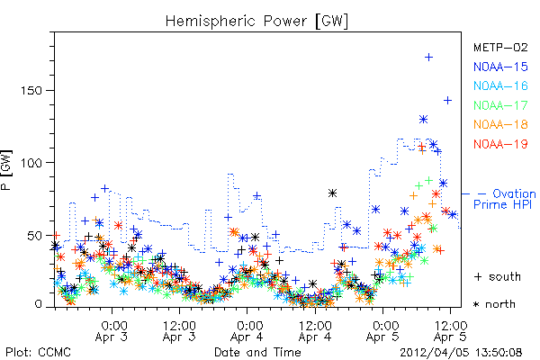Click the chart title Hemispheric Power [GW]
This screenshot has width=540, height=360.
(x=256, y=21)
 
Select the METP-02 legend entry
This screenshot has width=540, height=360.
(x=500, y=47)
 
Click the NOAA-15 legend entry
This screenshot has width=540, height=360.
(x=500, y=67)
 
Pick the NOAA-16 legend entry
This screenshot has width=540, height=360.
(x=500, y=85)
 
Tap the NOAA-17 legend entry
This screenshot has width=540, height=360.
(x=500, y=105)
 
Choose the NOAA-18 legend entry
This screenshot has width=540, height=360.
(x=500, y=124)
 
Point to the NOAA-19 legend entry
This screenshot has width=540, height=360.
(x=500, y=144)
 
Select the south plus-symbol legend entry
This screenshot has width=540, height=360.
(x=498, y=276)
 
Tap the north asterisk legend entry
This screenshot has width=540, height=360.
(x=494, y=304)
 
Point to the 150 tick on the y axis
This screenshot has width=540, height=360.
(x=31, y=91)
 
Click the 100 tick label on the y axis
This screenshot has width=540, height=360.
(x=31, y=163)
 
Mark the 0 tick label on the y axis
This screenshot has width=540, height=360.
(x=38, y=304)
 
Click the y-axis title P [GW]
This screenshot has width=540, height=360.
(x=6, y=170)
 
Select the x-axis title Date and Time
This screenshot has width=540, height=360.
(x=257, y=353)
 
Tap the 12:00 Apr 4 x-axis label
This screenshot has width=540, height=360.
(x=315, y=331)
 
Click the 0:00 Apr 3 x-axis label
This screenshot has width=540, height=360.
(x=112, y=331)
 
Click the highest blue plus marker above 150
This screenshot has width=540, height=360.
(x=428, y=58)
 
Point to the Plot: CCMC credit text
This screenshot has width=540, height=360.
(x=38, y=353)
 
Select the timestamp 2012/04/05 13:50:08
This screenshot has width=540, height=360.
(x=461, y=353)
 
